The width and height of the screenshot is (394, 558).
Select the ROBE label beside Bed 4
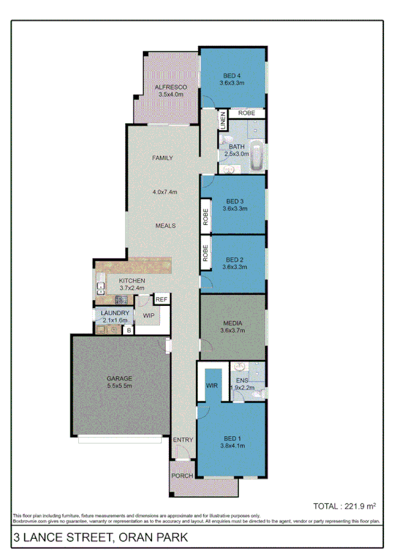(247, 113)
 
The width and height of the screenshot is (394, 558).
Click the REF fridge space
(162, 299)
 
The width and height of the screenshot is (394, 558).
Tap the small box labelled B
(129, 329)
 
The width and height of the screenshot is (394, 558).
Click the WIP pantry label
(149, 315)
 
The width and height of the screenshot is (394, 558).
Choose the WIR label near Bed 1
(212, 386)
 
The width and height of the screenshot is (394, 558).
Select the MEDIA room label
(234, 324)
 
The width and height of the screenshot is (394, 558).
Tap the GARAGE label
(120, 378)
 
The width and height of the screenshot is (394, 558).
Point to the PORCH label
(181, 475)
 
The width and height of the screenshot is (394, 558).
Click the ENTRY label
(182, 440)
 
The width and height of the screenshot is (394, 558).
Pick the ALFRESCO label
(170, 87)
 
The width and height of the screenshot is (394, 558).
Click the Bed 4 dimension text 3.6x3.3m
(232, 84)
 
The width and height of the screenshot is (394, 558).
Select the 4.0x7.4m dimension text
(166, 192)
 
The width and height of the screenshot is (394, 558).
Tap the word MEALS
(165, 226)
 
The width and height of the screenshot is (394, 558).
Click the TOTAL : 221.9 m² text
(344, 506)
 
